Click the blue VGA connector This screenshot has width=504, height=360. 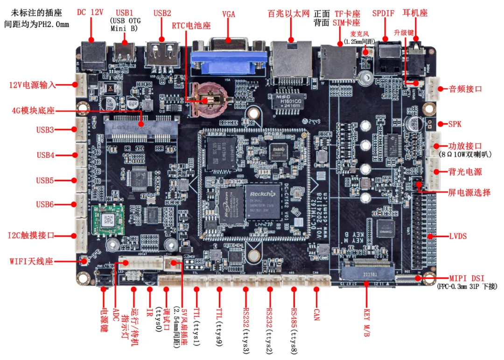tap(229, 60)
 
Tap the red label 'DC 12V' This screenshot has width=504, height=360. tap(90, 13)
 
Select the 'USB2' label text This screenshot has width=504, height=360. tap(162, 13)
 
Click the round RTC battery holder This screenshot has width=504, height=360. tap(212, 99)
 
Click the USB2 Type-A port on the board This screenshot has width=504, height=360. tap(162, 54)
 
